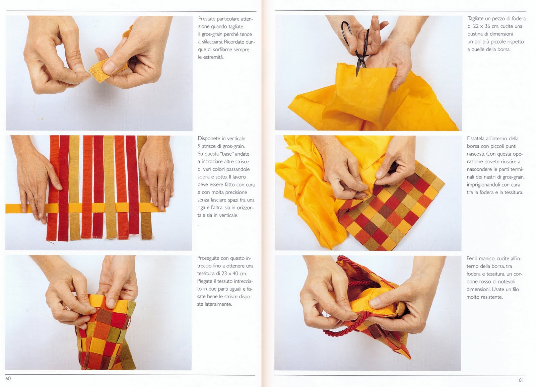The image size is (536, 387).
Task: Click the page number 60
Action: click(8, 378)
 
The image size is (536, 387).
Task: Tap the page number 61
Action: click(521, 380)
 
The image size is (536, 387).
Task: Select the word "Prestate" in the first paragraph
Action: click(206, 19)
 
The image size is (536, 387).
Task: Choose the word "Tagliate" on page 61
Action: click(476, 19)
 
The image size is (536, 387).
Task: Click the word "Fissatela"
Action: click(476, 139)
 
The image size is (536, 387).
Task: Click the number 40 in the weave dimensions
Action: click(236, 274)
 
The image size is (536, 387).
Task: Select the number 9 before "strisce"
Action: click(199, 146)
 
